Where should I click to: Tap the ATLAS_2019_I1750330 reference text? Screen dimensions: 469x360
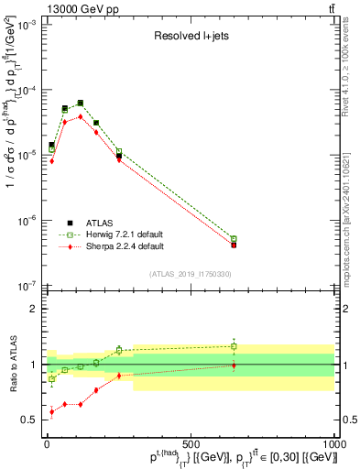190,274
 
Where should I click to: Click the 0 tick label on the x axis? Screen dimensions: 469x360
47,446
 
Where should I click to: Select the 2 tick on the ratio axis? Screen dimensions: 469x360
37,309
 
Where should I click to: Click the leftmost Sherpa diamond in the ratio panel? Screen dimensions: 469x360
51,411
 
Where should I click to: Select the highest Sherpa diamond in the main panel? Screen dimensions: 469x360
81,116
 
